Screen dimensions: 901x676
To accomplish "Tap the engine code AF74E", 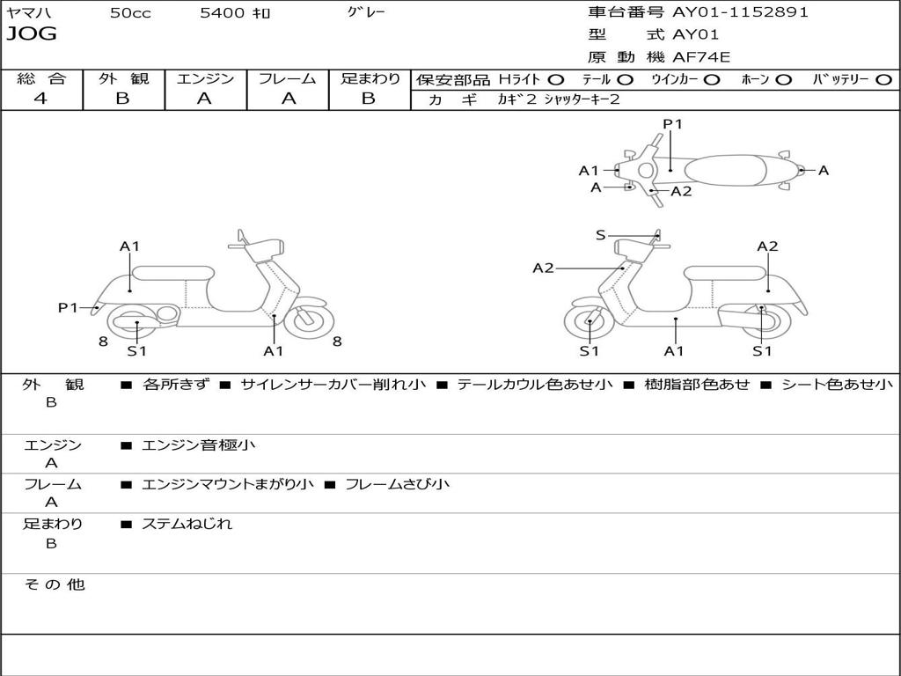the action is click(x=701, y=57).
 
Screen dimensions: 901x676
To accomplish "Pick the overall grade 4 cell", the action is click(x=40, y=99).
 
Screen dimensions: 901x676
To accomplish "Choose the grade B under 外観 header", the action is click(x=122, y=99).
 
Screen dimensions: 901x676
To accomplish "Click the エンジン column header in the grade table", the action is click(x=205, y=78).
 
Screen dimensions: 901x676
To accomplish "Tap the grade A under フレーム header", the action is click(x=288, y=99).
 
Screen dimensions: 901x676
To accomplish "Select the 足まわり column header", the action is click(x=370, y=78).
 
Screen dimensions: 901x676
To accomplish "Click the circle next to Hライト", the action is click(x=555, y=79).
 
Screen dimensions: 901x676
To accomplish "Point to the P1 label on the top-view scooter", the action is click(x=673, y=124).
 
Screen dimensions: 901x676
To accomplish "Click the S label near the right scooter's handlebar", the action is click(x=601, y=235).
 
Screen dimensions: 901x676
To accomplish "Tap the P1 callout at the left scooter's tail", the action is click(x=68, y=307).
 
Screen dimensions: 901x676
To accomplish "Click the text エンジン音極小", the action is click(x=199, y=445).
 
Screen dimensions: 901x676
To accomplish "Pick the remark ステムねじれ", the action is click(x=187, y=524).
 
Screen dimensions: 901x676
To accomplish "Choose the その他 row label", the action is click(x=54, y=584).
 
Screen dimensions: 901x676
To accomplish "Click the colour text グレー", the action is click(x=366, y=12).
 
